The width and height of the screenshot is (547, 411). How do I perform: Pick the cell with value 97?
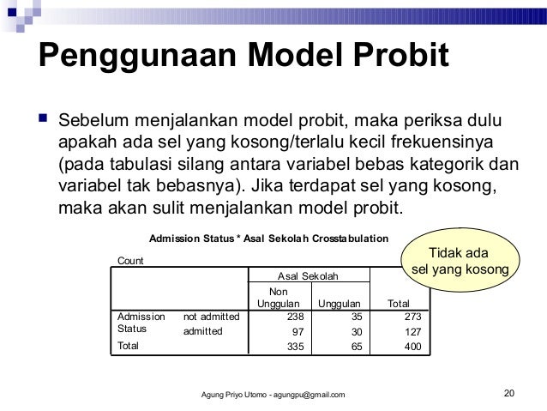point(292,331)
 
